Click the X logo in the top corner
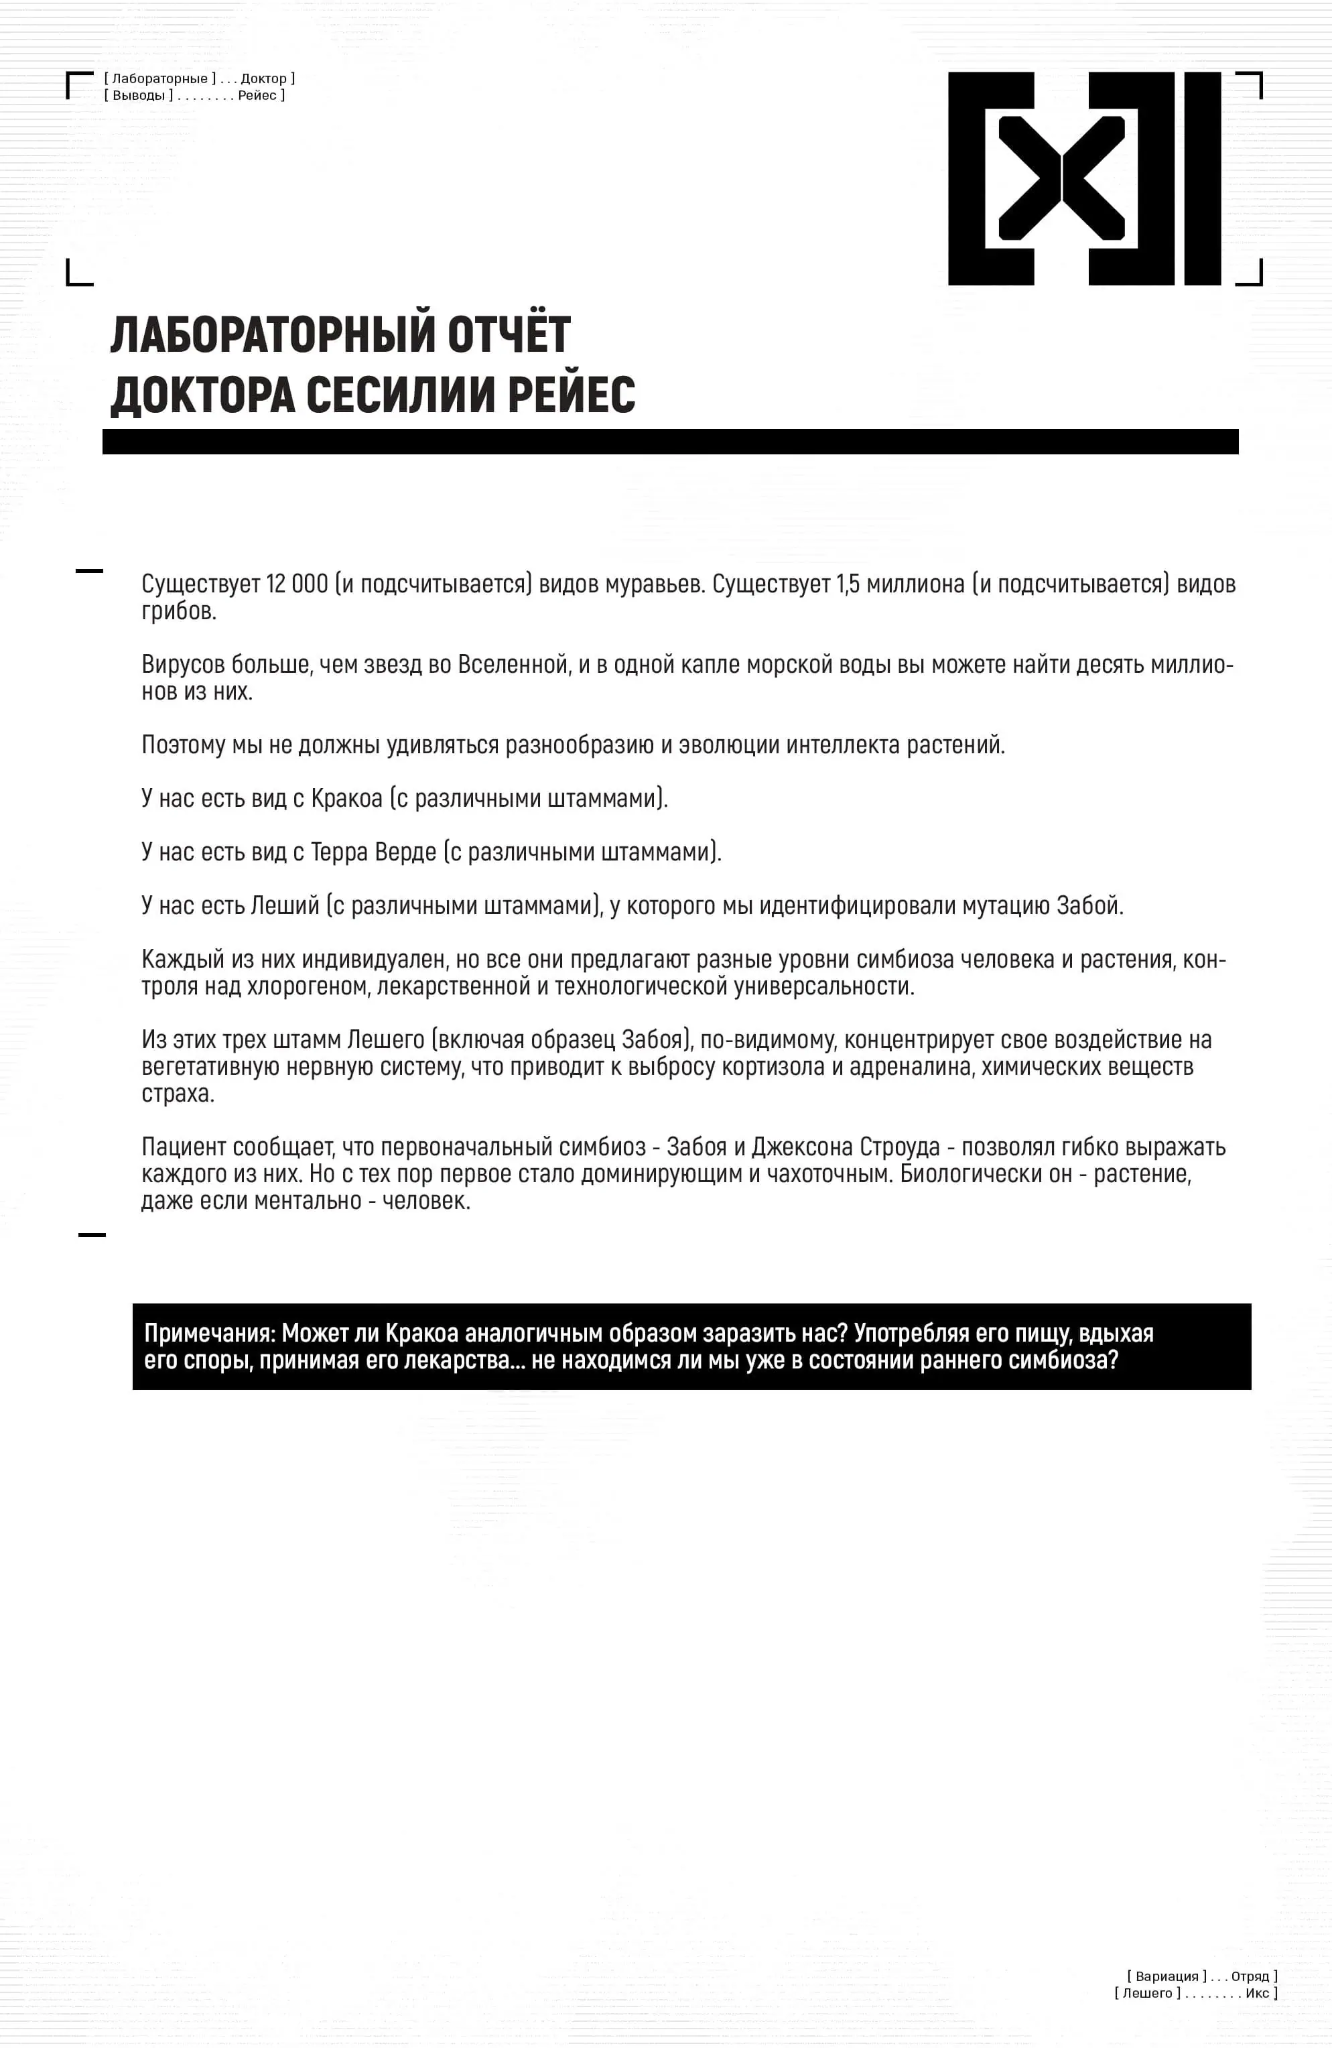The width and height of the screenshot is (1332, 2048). [x=1084, y=178]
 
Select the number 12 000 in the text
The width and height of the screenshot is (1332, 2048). [x=297, y=584]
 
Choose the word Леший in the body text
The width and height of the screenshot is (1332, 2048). [x=285, y=905]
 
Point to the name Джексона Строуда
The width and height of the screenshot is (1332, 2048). [x=845, y=1147]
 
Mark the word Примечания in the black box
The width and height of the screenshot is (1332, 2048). [x=209, y=1333]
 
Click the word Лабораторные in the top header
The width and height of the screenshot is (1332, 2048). [x=160, y=79]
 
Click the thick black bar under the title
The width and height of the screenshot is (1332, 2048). [x=669, y=442]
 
